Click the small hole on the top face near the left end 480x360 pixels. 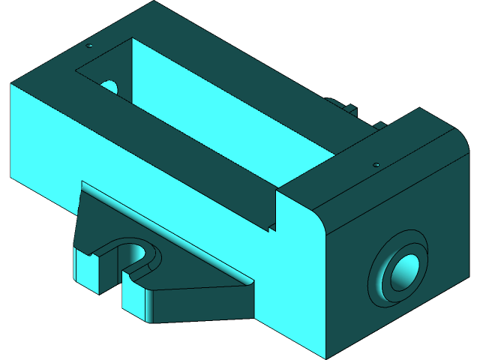pos(89,46)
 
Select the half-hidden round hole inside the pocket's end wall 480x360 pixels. pos(109,86)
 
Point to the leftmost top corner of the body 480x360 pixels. pos(11,84)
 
